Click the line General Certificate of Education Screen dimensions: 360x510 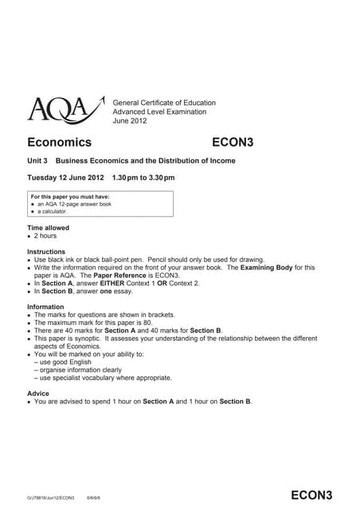(x=165, y=103)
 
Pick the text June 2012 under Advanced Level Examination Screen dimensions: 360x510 (x=131, y=120)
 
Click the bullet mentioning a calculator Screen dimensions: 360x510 (x=61, y=211)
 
